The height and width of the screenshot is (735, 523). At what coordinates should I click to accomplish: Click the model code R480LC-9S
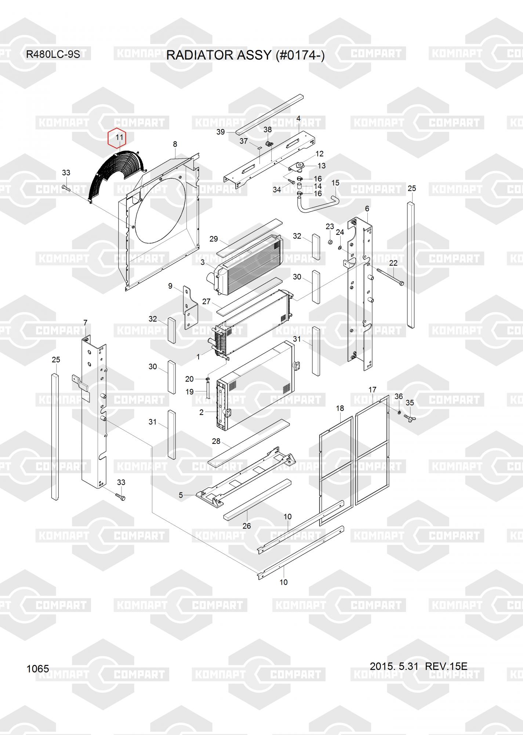53,55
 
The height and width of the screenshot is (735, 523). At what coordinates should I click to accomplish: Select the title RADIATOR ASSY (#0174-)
245,55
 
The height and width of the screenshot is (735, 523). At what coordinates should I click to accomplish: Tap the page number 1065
37,668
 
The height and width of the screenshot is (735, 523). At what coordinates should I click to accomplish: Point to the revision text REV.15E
446,666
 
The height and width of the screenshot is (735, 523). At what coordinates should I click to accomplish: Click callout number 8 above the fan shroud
175,144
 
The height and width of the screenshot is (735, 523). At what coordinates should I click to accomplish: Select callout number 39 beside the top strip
220,132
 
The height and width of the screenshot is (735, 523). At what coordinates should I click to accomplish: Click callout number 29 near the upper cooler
214,239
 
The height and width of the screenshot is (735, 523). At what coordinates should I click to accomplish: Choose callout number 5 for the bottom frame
181,495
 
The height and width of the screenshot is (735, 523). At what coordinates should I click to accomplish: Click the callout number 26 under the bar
247,526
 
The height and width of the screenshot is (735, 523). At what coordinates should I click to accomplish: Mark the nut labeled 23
330,242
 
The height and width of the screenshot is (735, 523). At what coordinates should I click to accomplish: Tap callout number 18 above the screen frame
340,408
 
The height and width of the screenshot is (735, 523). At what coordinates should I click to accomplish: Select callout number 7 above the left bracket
85,323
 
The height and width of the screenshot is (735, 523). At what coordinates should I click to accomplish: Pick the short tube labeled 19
207,390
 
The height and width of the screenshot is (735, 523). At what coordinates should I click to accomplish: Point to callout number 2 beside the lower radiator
201,412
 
